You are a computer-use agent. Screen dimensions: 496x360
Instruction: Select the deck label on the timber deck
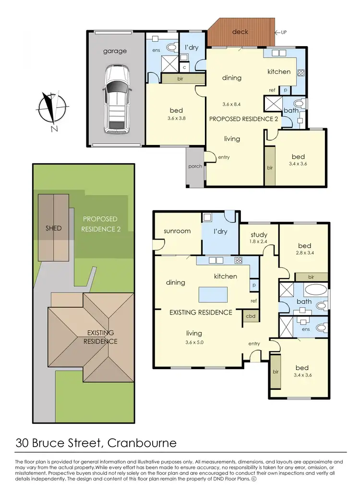point(240,32)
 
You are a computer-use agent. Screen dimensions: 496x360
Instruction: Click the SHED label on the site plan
point(53,228)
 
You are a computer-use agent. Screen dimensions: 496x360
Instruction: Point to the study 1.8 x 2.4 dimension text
point(259,242)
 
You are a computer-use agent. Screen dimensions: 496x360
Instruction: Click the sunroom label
point(177,231)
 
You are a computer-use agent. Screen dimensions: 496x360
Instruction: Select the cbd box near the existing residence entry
point(251,316)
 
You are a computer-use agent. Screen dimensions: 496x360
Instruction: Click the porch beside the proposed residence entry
point(195,167)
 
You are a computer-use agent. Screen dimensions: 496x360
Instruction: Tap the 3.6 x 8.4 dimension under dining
point(232,104)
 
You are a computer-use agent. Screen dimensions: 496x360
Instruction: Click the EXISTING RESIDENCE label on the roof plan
point(100,337)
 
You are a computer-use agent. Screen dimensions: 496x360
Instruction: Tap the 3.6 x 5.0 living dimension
point(194,343)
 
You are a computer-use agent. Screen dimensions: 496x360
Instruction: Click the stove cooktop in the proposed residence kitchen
point(301,73)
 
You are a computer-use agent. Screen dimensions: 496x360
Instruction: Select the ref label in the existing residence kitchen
point(253,301)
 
